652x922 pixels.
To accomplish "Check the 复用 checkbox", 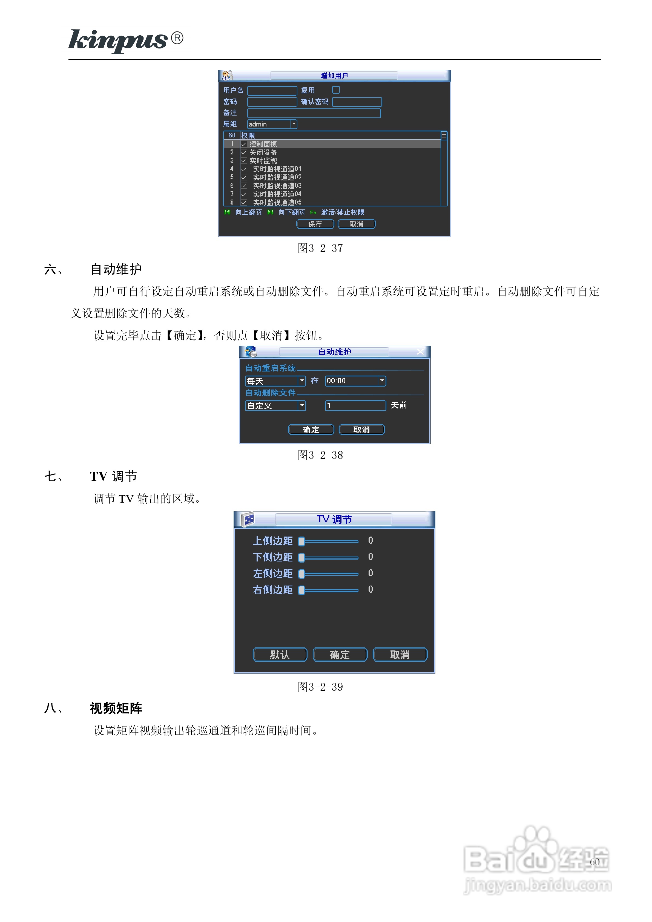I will (x=336, y=90).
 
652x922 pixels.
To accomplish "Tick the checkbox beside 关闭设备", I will (x=243, y=152).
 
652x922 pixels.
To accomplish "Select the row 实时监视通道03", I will (x=277, y=186).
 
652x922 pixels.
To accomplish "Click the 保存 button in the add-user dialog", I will (x=315, y=224).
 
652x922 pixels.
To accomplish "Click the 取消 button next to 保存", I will (x=356, y=224).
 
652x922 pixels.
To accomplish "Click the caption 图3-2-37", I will (x=320, y=248).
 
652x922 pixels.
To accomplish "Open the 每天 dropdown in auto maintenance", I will (x=302, y=381).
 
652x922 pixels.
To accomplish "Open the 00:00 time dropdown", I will (x=382, y=381).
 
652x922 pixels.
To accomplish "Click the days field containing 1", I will (x=355, y=406).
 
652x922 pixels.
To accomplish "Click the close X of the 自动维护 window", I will (x=420, y=352).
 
